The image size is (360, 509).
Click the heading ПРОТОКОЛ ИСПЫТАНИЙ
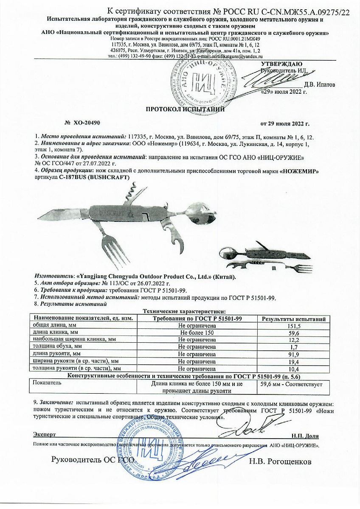[186, 109]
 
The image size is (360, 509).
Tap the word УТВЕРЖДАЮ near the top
[281, 64]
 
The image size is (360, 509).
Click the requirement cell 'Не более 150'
[198, 333]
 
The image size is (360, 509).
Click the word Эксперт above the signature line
[45, 435]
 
